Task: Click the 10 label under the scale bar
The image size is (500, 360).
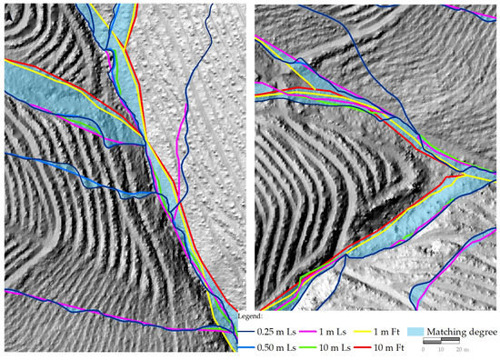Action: tap(460, 349)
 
